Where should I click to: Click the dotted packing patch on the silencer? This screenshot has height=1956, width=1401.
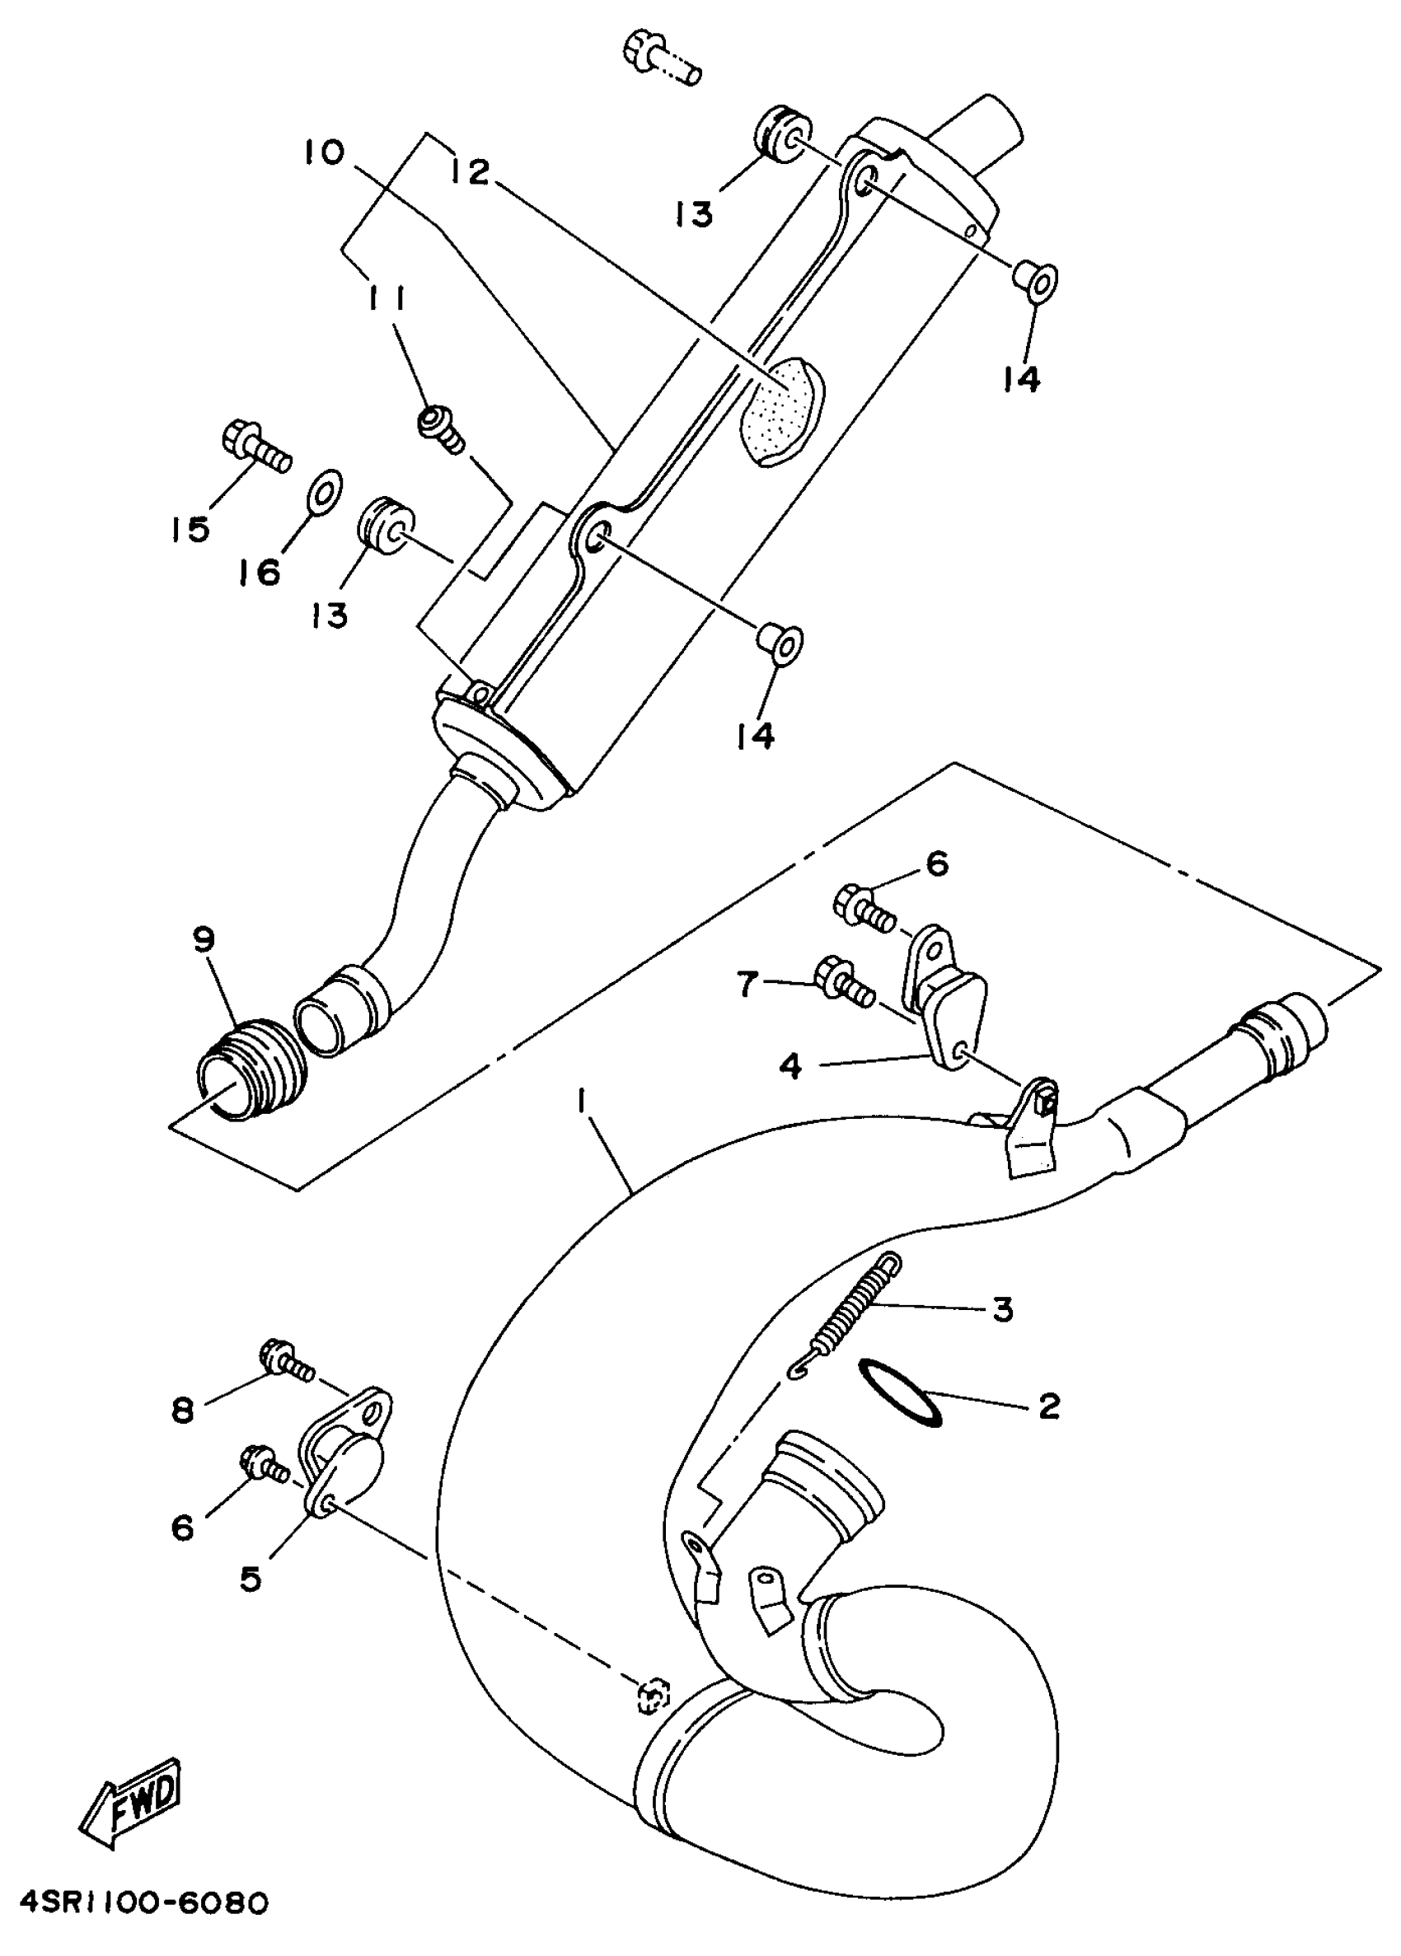coord(785,410)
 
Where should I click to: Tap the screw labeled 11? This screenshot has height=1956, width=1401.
coord(440,428)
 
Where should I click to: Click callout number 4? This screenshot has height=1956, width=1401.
coord(790,1067)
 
